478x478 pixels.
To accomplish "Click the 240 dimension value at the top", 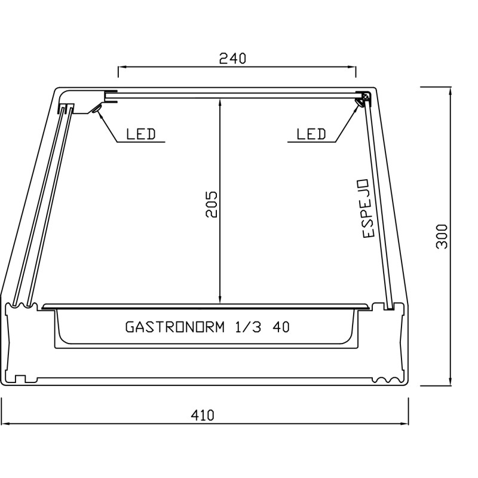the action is point(232,58).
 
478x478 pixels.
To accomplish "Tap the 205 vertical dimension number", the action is point(212,204).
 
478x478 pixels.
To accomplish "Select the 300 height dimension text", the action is point(442,237).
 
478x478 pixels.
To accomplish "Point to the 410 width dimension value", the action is point(203,415).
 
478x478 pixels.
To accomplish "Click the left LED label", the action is point(141,134).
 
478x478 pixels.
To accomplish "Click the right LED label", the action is point(311,134).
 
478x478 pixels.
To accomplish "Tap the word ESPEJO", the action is point(366,209).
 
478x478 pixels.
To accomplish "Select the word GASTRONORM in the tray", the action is point(175,327).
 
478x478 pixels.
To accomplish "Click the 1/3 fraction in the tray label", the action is point(248,327).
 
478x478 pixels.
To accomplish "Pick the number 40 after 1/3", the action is point(281,327).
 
